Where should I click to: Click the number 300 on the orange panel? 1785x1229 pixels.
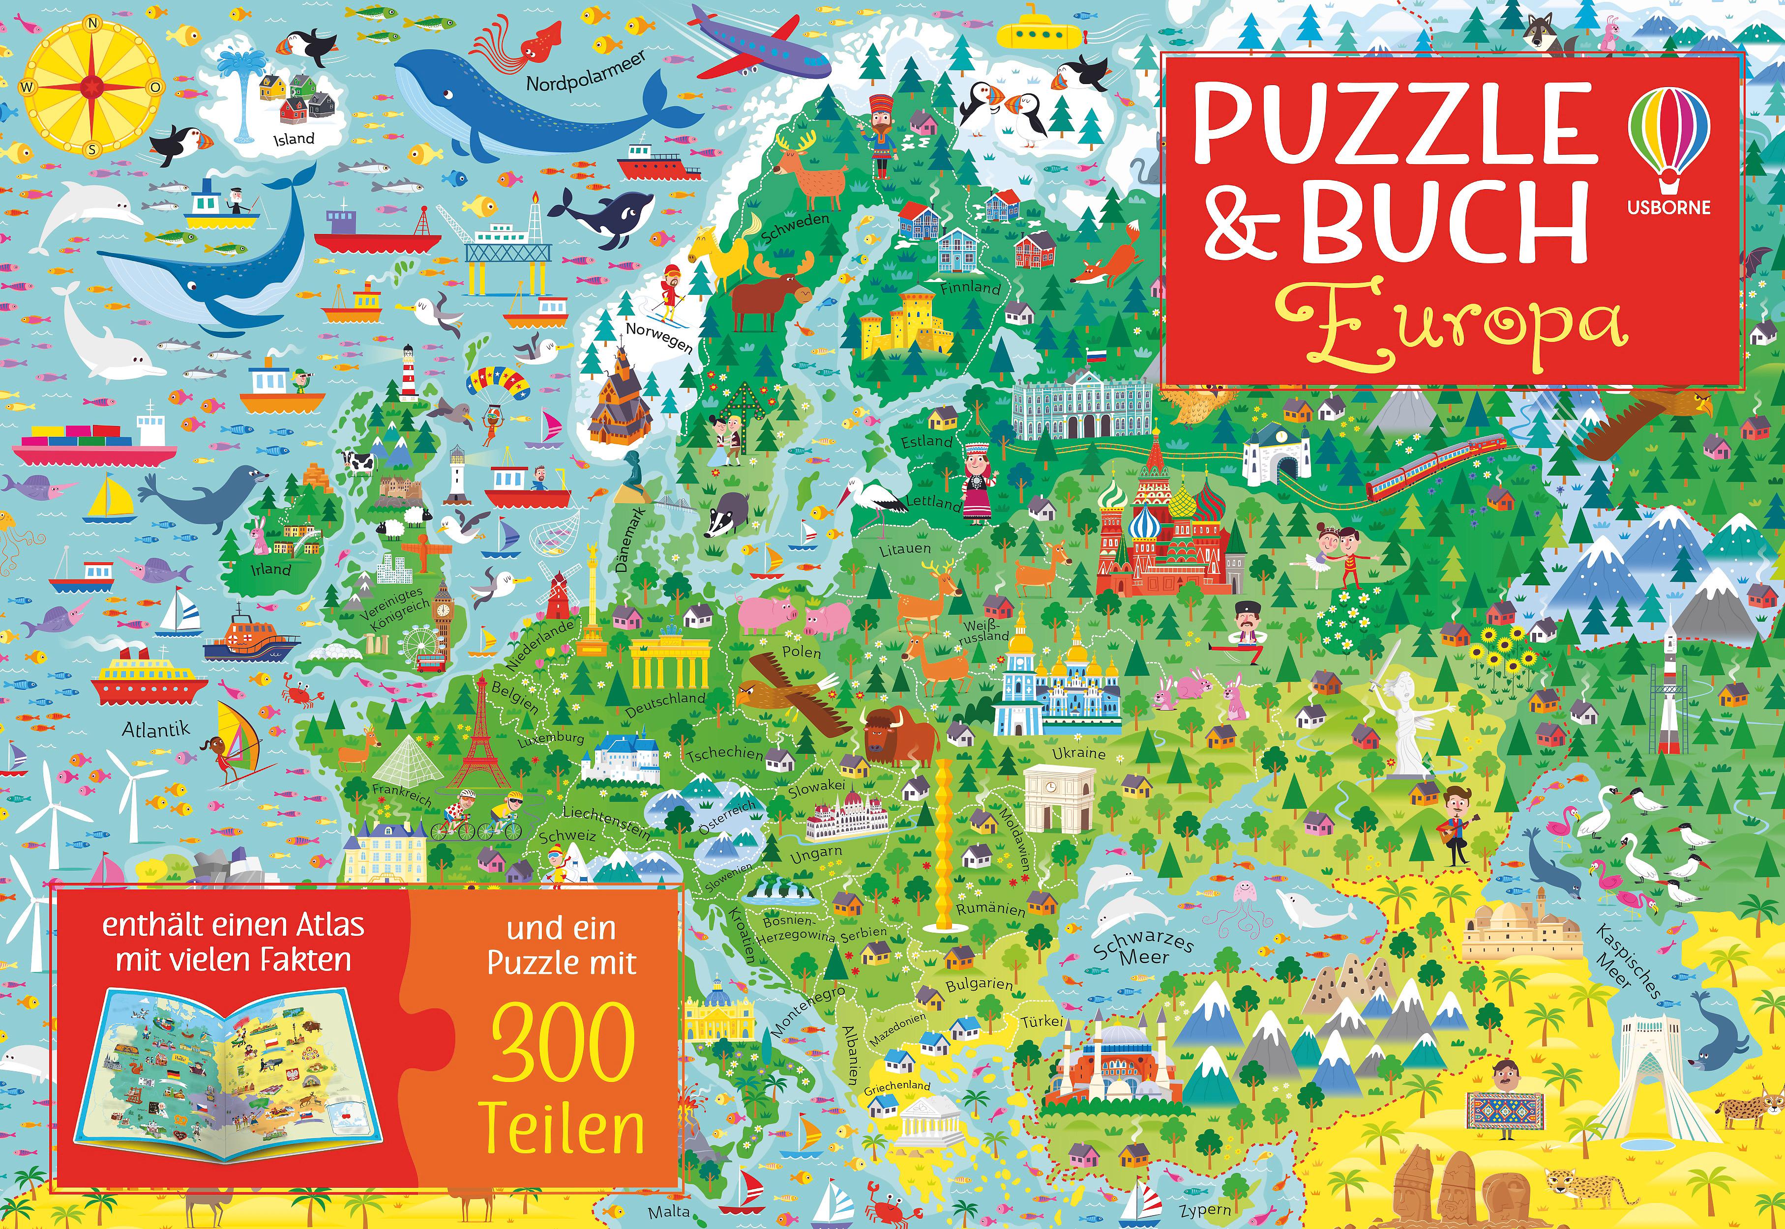click(x=563, y=1046)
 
